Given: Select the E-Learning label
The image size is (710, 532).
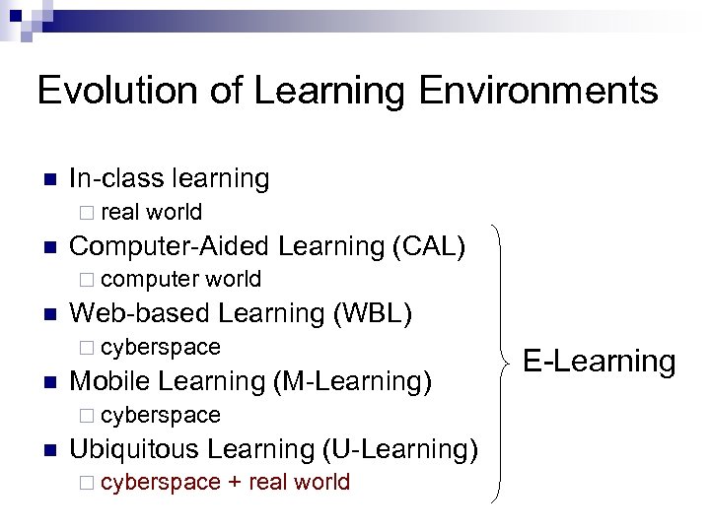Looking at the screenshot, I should pyautogui.click(x=599, y=361).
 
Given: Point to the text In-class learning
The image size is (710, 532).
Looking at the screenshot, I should pyautogui.click(x=170, y=178).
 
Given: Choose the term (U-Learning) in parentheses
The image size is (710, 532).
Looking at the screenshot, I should pyautogui.click(x=400, y=448).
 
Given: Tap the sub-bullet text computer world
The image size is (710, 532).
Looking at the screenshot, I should pyautogui.click(x=180, y=280).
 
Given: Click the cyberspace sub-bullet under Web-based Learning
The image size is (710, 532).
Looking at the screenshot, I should pyautogui.click(x=161, y=347).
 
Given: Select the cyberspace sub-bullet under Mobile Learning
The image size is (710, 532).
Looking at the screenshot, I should pyautogui.click(x=161, y=415).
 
